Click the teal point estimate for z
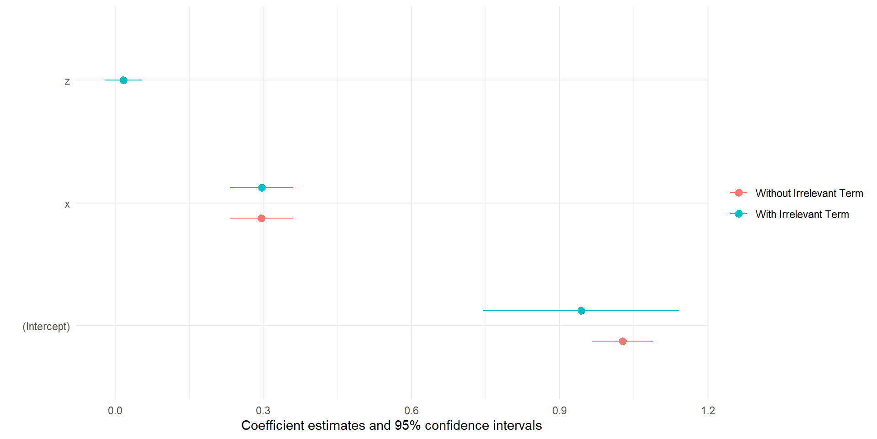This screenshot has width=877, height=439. [123, 80]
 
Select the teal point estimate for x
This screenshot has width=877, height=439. [262, 187]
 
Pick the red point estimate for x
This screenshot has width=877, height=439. [261, 218]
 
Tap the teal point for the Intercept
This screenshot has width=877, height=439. [581, 311]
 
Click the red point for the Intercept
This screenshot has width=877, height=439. [623, 341]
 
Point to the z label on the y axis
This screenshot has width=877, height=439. [67, 81]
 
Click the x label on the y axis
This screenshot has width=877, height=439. [67, 204]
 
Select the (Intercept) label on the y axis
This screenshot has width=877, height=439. [46, 327]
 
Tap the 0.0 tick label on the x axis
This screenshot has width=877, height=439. [115, 411]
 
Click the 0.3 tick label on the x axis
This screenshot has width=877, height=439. [263, 411]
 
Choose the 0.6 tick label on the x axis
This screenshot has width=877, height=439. [412, 411]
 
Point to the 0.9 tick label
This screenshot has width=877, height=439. [560, 411]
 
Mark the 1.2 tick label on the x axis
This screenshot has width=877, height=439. [708, 411]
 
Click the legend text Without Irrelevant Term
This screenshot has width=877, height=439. [809, 193]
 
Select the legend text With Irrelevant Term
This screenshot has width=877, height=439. [802, 214]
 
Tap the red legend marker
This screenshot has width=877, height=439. [739, 193]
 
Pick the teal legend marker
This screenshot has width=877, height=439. [739, 214]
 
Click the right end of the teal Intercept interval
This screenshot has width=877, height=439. [679, 311]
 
